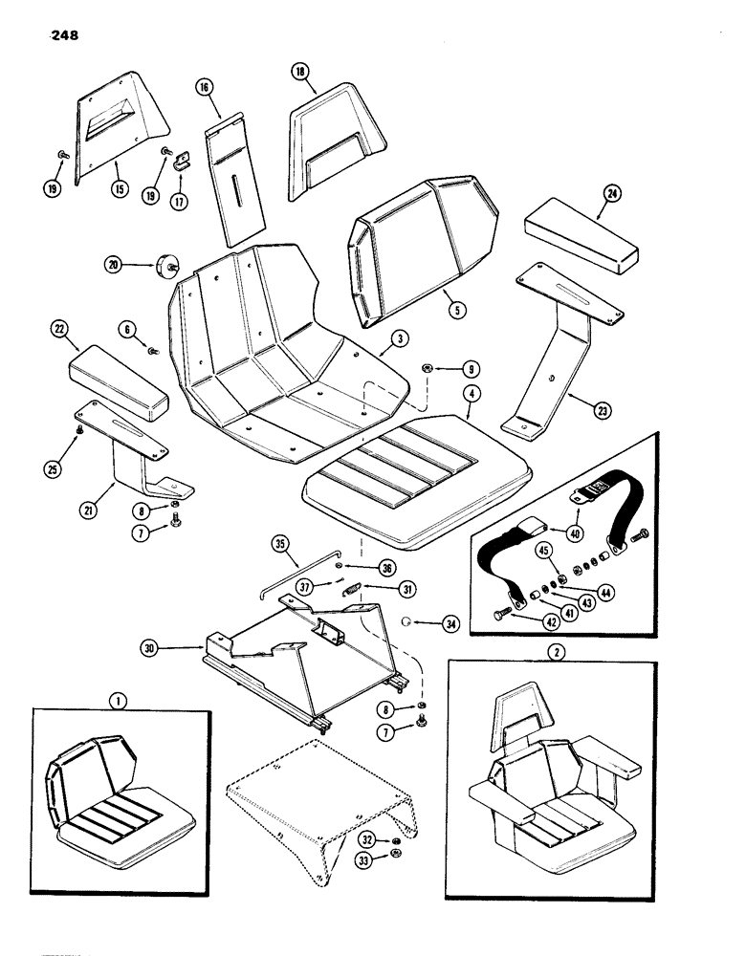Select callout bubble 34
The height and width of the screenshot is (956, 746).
point(450,623)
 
